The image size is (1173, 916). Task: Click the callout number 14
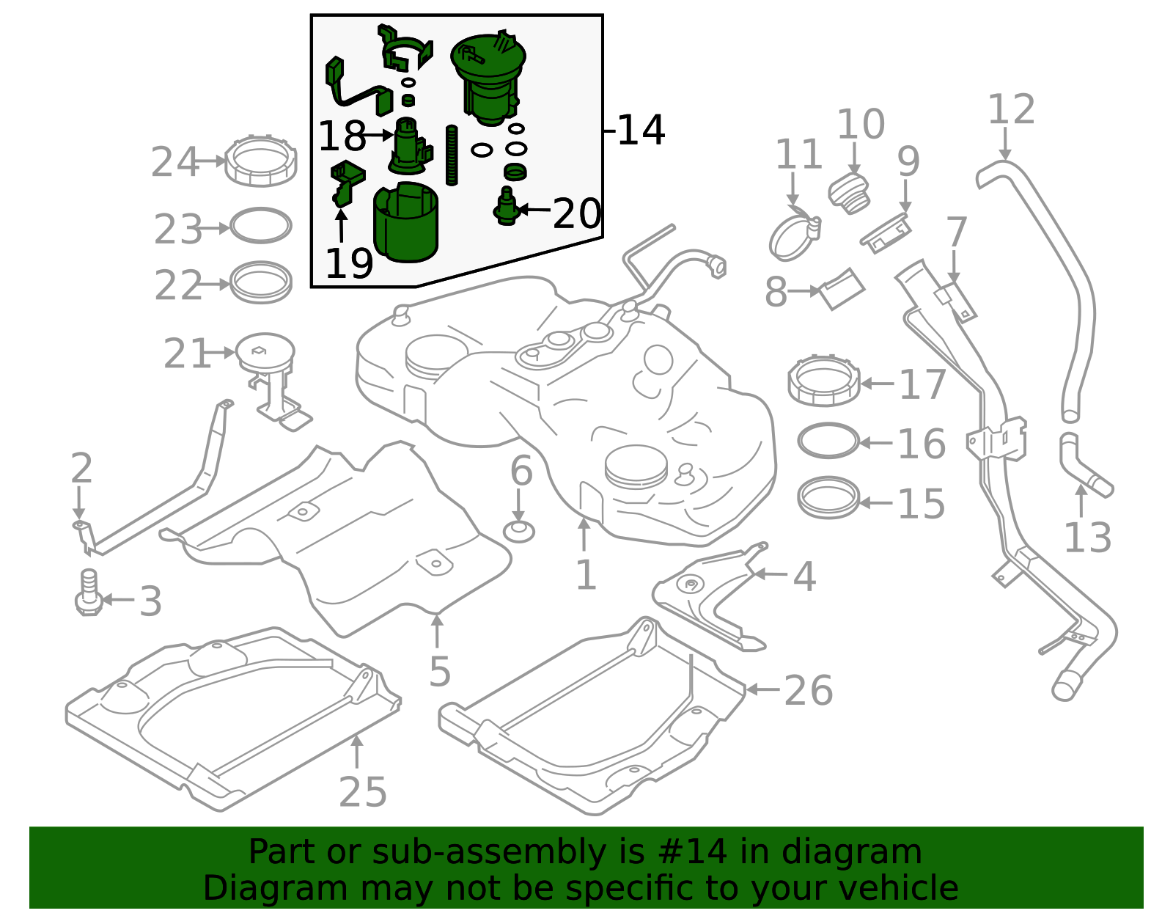coord(641,130)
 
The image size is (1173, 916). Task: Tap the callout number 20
coord(576,213)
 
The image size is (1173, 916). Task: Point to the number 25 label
coord(363,792)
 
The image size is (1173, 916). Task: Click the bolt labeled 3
coord(89,592)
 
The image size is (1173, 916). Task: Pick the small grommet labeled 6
coord(519,531)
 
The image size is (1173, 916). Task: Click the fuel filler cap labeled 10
coord(849,194)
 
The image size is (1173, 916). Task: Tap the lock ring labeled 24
coord(261,161)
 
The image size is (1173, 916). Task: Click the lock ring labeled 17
coord(824,381)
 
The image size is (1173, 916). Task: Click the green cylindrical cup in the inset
coord(406,221)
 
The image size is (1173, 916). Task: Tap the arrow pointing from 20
coord(534,210)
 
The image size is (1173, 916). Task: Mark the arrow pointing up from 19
coord(341,227)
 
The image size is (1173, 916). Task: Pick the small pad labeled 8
coord(842,289)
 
